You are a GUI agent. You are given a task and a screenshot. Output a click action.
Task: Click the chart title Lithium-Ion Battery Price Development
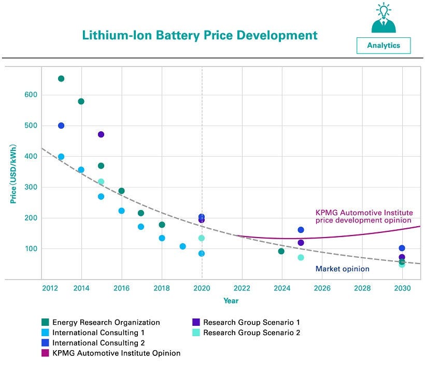point(200,35)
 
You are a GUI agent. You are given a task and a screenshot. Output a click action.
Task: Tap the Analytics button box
point(384,45)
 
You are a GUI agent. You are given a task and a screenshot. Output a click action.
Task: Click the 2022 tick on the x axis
point(242,288)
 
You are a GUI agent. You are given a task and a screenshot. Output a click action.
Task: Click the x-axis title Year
point(231,301)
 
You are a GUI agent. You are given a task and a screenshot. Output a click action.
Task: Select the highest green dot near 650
point(61,79)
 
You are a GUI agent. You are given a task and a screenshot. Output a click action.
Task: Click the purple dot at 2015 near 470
point(101,134)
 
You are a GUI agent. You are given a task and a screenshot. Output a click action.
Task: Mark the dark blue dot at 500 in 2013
point(61,126)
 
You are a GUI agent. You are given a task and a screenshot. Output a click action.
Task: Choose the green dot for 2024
point(281,251)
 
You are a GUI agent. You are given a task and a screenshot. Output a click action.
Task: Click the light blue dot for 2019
point(182,246)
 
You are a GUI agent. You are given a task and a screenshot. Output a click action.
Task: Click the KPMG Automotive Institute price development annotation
point(363,216)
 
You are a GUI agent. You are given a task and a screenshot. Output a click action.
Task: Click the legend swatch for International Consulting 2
point(46,343)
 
